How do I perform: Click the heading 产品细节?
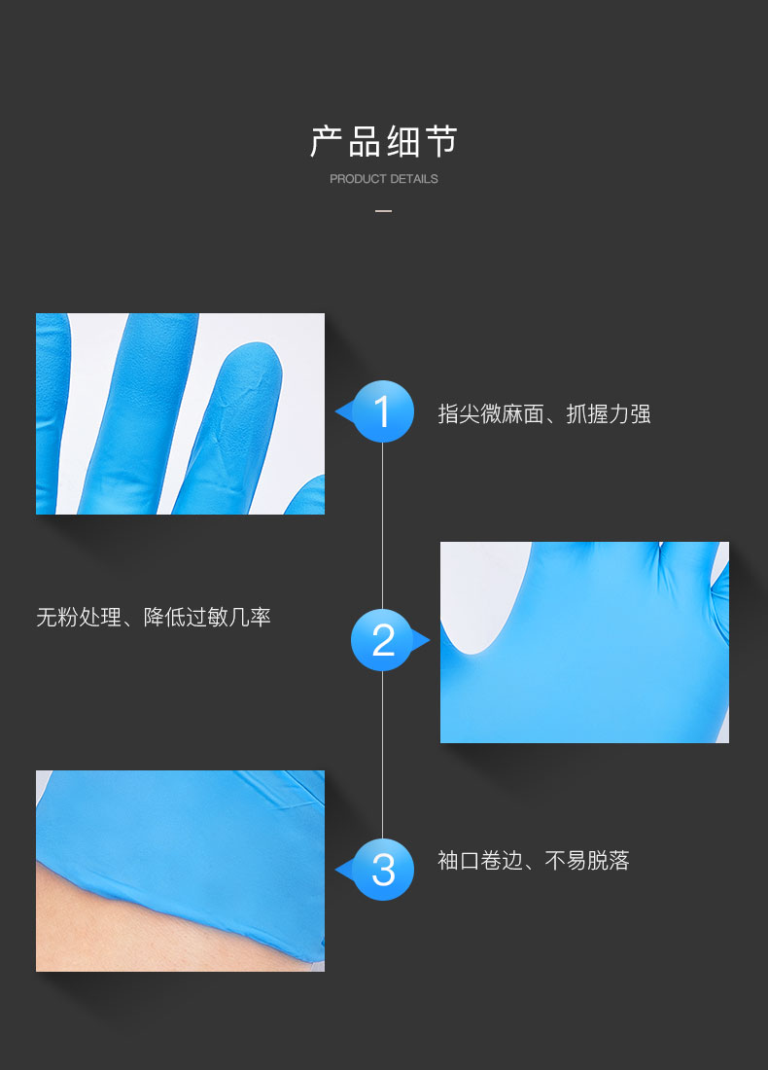(384, 142)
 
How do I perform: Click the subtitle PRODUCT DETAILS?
(384, 179)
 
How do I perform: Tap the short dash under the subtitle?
(384, 211)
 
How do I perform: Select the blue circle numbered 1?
(383, 411)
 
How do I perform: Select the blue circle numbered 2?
(383, 640)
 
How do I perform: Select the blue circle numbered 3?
(383, 869)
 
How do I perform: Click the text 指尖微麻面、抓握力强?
(544, 414)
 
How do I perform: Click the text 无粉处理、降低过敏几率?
(154, 617)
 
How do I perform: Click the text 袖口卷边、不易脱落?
(534, 860)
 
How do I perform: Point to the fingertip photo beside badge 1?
(180, 413)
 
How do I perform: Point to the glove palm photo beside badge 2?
(584, 642)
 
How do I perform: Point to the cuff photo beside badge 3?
(180, 871)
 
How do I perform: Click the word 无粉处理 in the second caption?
(79, 617)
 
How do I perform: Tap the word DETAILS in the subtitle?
(414, 179)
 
